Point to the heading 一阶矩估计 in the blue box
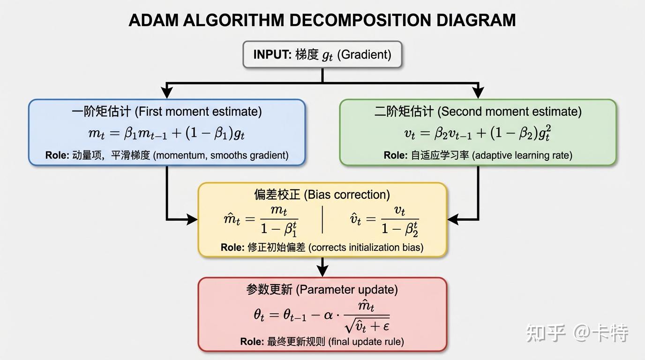(x=101, y=112)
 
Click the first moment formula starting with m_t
(x=167, y=133)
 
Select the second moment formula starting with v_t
(x=478, y=133)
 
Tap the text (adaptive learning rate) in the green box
(x=522, y=155)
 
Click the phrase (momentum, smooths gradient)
(x=221, y=155)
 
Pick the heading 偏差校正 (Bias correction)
(x=322, y=195)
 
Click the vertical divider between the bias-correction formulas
(x=322, y=219)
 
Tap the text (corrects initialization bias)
(x=366, y=247)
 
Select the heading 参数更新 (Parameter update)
(x=322, y=290)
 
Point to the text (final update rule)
(x=366, y=342)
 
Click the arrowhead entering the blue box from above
(x=167, y=94)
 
